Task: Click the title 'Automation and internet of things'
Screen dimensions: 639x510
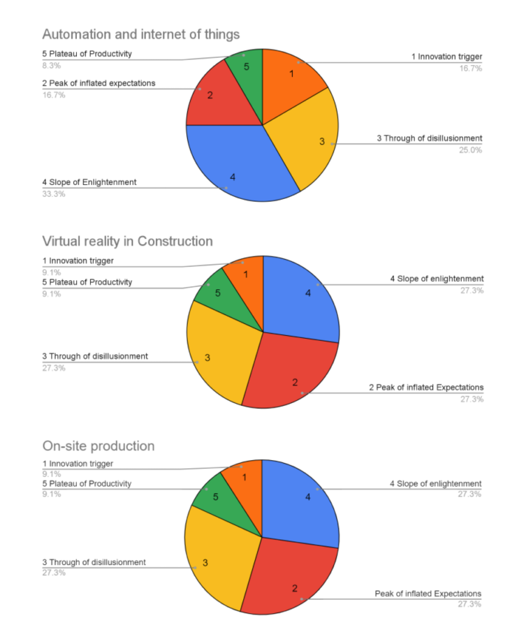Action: [x=140, y=34]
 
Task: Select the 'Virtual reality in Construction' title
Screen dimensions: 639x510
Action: [x=127, y=241]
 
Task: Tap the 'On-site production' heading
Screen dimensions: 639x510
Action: [x=98, y=446]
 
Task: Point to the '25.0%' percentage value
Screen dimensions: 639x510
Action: [x=469, y=150]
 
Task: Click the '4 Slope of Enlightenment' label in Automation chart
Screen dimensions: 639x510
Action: [x=89, y=182]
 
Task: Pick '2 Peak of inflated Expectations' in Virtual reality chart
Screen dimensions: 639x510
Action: [x=426, y=388]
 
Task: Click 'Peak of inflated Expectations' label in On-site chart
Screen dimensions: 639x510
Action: [x=428, y=594]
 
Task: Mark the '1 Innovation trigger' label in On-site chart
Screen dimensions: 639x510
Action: [x=78, y=463]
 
